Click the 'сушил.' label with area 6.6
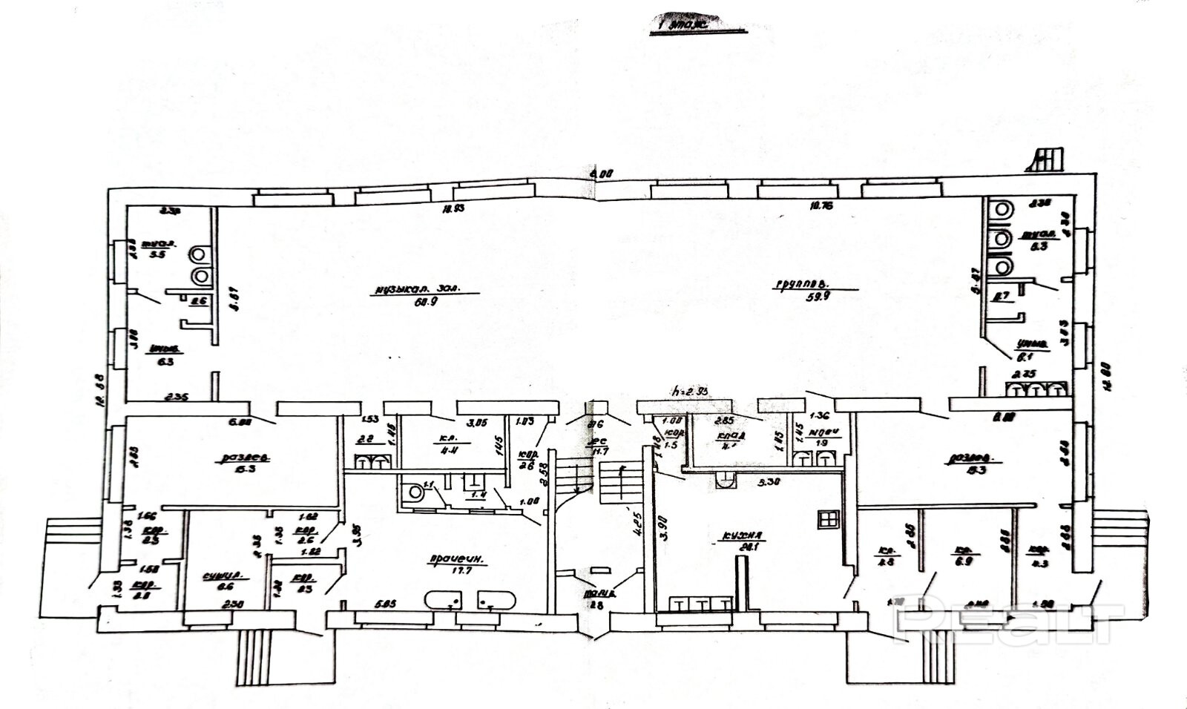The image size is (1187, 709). (223, 576)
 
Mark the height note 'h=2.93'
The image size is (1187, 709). (689, 391)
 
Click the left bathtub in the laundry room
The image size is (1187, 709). (444, 599)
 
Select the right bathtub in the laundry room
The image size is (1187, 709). (495, 599)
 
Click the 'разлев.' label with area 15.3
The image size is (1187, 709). (244, 458)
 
